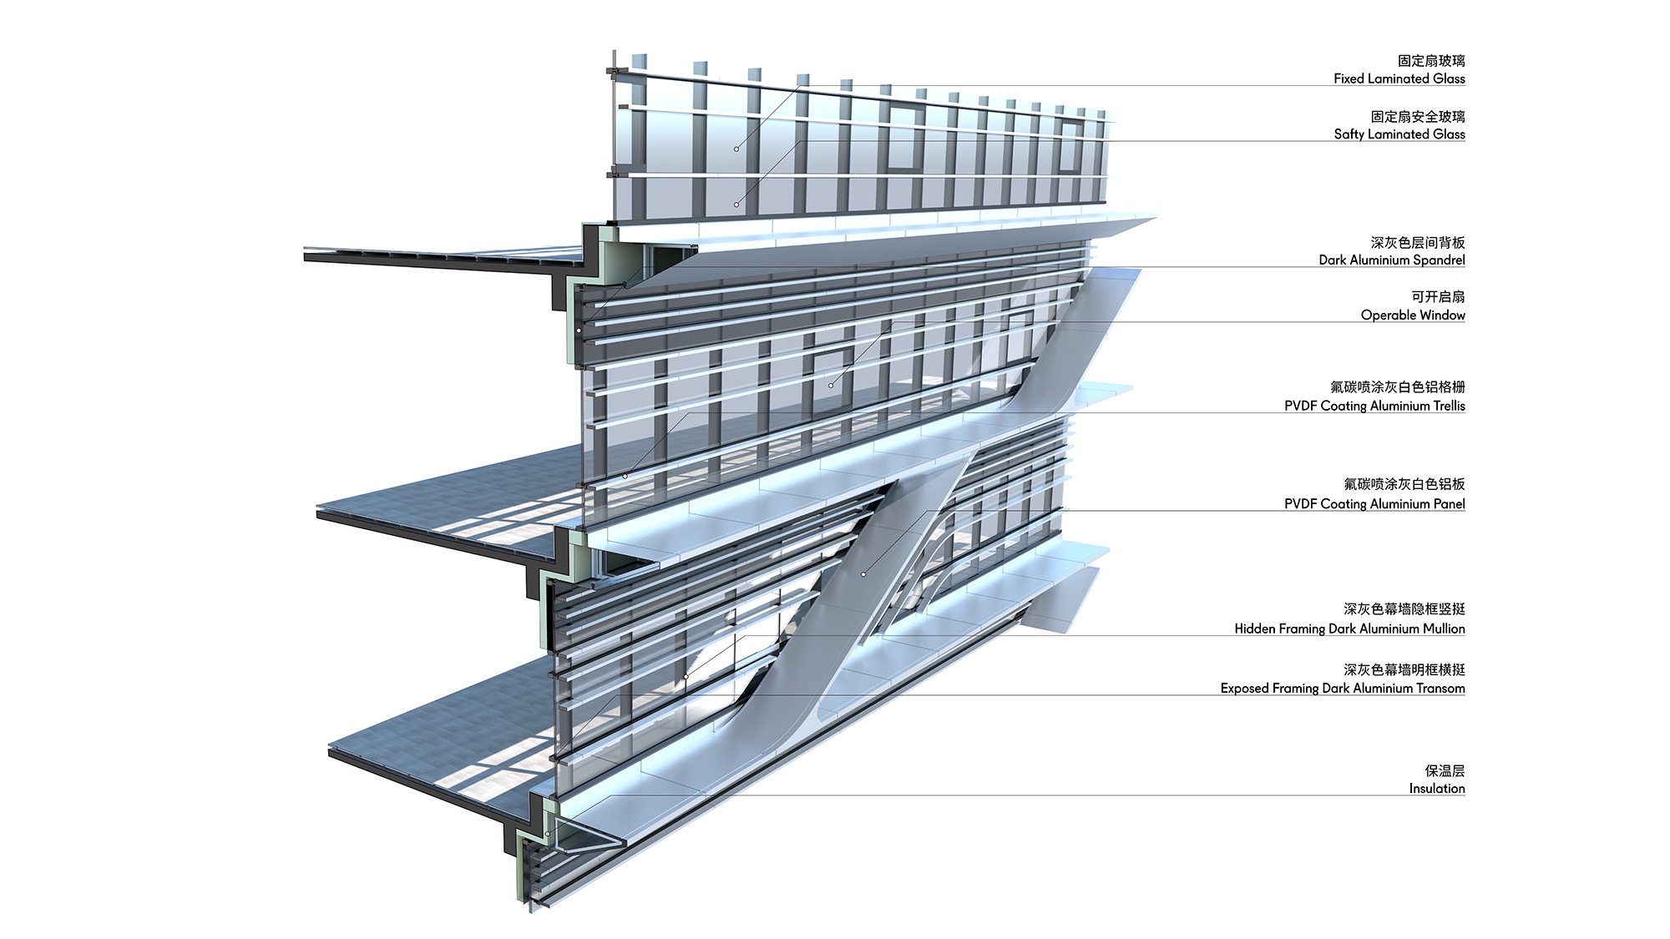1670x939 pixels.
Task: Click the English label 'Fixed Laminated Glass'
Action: (x=1399, y=78)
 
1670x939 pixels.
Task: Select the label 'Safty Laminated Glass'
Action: (x=1399, y=134)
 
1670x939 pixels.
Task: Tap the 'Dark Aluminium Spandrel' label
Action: (x=1392, y=260)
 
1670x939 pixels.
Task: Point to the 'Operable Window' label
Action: (x=1413, y=315)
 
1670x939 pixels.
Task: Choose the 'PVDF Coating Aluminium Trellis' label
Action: (x=1374, y=406)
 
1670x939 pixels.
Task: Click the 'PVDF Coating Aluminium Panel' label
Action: (x=1374, y=503)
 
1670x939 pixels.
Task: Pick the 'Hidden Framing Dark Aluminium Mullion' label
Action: (x=1349, y=629)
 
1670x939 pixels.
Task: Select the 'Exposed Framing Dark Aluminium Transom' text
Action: (x=1343, y=688)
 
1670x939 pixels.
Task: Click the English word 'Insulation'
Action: (x=1437, y=788)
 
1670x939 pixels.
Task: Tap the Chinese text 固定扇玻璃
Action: (x=1431, y=61)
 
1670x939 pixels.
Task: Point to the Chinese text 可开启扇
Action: (x=1438, y=296)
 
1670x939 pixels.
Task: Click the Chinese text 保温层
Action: (x=1445, y=770)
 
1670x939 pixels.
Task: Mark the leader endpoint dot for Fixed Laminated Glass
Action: (x=736, y=149)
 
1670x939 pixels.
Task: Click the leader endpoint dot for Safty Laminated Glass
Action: (x=736, y=204)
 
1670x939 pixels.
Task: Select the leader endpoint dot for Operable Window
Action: (x=831, y=385)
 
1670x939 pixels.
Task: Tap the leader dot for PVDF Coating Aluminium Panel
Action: (x=863, y=574)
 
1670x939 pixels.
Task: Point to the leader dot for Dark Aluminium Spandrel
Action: (x=579, y=331)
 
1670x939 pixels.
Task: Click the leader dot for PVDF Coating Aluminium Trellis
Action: (x=625, y=477)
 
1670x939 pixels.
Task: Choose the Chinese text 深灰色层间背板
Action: (x=1418, y=242)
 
